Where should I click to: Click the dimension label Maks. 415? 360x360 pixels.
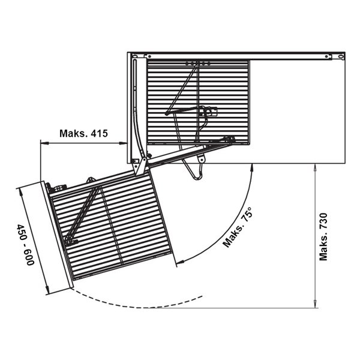click(83, 133)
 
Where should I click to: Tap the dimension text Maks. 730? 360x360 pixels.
click(323, 237)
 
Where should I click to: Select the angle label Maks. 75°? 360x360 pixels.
click(238, 227)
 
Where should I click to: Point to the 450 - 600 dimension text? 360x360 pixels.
click(25, 245)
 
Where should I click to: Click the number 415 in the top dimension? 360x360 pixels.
click(99, 133)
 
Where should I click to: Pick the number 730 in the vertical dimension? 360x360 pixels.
click(323, 221)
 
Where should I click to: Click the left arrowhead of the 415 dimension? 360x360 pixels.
click(44, 143)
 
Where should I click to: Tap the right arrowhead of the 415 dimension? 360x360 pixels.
click(123, 143)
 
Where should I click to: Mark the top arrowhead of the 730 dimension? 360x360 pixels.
click(315, 167)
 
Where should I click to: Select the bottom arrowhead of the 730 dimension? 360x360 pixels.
click(315, 304)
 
